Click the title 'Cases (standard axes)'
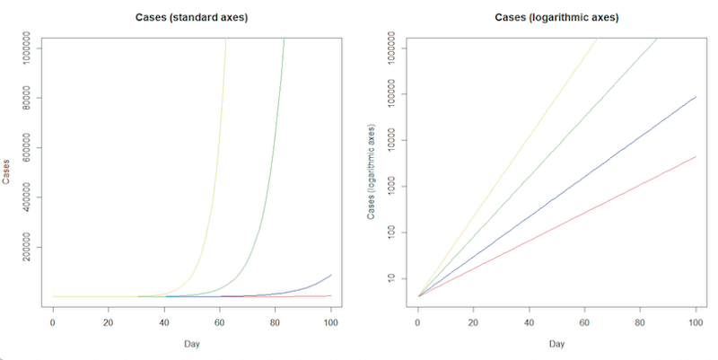tap(192, 17)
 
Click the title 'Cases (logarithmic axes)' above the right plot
tap(556, 17)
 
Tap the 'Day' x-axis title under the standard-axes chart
tap(192, 344)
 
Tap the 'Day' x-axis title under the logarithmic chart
tap(556, 344)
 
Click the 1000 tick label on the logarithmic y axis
tap(391, 186)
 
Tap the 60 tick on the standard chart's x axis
tap(220, 321)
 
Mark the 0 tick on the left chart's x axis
tap(53, 321)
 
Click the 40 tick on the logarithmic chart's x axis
tap(529, 321)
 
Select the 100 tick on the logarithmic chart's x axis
tap(696, 321)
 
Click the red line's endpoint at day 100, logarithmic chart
tap(696, 157)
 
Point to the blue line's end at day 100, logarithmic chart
tap(696, 97)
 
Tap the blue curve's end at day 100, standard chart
tap(331, 275)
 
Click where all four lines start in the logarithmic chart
tap(418, 295)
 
